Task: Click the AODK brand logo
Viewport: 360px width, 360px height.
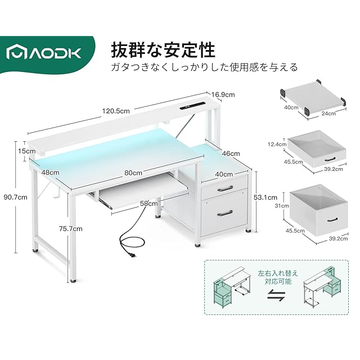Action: pyautogui.click(x=45, y=53)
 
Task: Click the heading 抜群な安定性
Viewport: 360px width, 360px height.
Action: pyautogui.click(x=163, y=49)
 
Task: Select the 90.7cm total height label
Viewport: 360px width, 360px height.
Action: pyautogui.click(x=15, y=197)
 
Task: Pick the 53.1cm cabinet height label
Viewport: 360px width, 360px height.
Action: pyautogui.click(x=265, y=197)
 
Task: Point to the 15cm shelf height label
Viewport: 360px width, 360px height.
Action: pyautogui.click(x=22, y=151)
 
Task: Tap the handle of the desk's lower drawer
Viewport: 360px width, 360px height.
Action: pyautogui.click(x=224, y=213)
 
